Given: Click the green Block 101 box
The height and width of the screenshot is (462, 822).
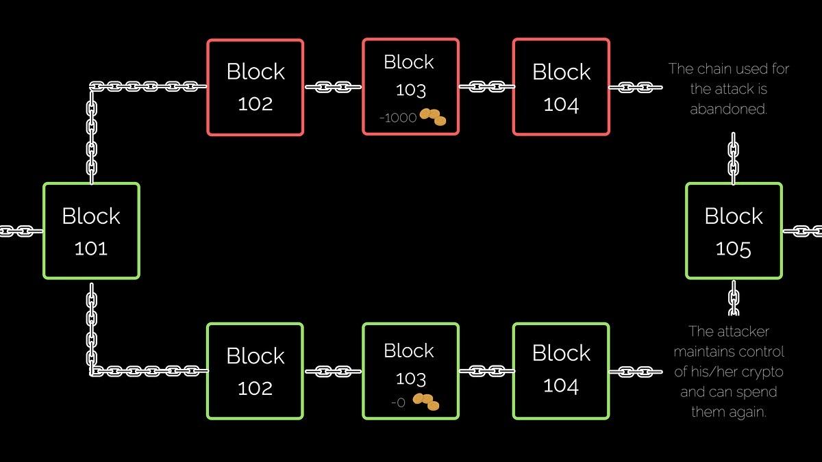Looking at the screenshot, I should click(91, 231).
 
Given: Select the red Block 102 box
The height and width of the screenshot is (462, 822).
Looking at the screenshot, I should click(255, 87).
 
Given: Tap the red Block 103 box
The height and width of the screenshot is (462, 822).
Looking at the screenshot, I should click(410, 86).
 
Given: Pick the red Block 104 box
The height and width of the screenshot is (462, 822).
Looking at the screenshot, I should click(560, 87).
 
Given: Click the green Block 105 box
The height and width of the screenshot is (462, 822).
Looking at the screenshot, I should click(734, 231).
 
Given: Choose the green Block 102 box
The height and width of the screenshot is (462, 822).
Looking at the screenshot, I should click(255, 371).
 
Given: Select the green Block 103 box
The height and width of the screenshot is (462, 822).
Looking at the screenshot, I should click(410, 371).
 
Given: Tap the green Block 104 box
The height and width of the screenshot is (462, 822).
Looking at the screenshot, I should click(560, 370).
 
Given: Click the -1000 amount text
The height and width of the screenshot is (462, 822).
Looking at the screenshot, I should click(398, 118).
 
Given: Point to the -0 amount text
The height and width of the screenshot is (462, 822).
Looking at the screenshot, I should click(398, 403).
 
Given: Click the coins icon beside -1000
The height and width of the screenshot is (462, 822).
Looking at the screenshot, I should click(433, 116).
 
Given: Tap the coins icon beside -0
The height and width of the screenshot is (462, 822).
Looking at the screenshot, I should click(426, 402).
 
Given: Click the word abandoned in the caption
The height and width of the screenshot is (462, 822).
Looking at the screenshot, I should click(728, 110).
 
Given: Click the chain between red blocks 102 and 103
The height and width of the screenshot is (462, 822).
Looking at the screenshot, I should click(333, 87).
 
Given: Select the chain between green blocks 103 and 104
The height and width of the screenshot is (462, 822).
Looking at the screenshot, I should click(486, 371).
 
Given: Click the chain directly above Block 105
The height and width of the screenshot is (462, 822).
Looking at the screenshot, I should click(733, 159).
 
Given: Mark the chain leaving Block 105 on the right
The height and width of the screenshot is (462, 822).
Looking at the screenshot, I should click(803, 231).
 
